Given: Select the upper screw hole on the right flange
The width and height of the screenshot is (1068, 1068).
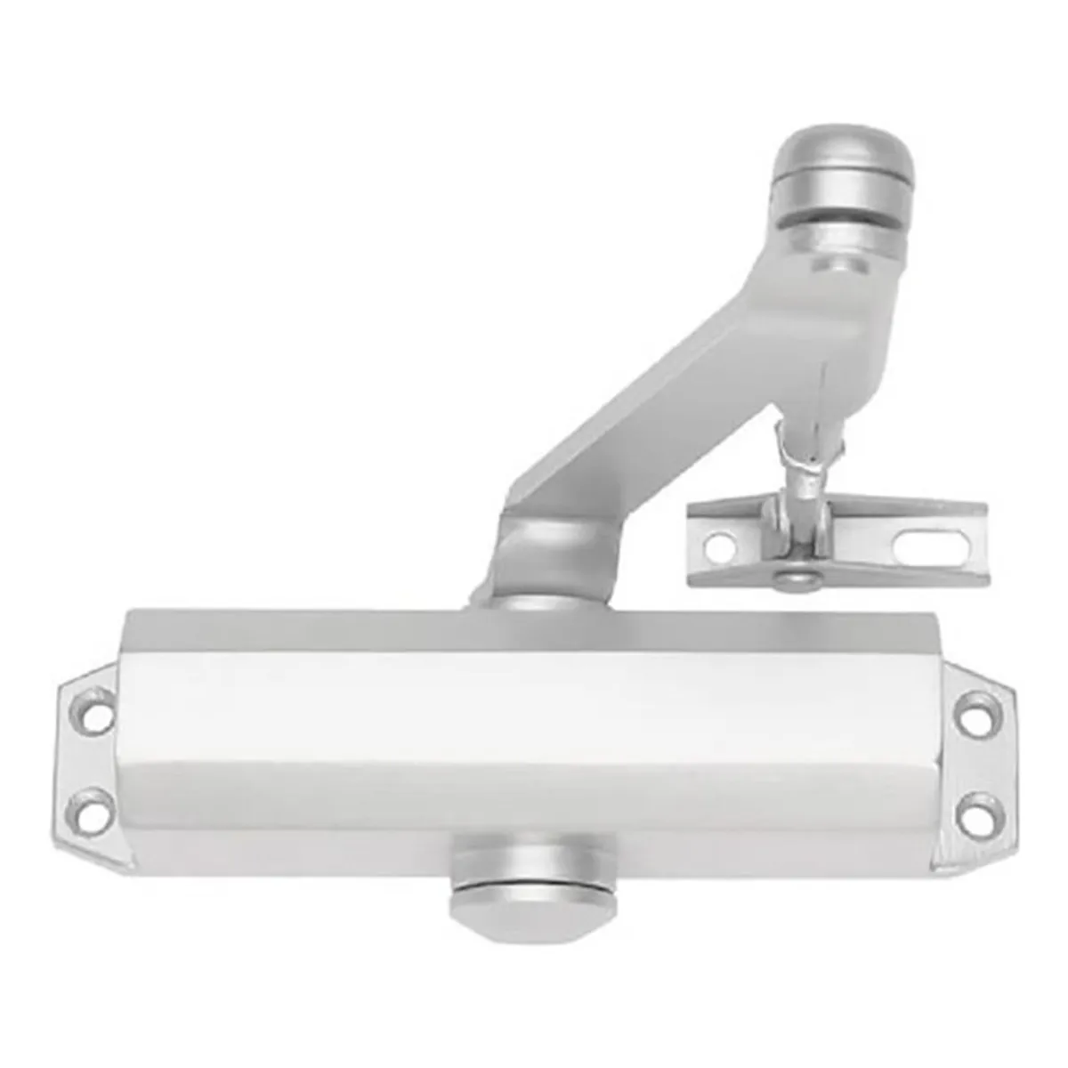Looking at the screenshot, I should point(978,715).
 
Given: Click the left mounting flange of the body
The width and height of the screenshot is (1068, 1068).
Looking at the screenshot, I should point(89,765).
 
